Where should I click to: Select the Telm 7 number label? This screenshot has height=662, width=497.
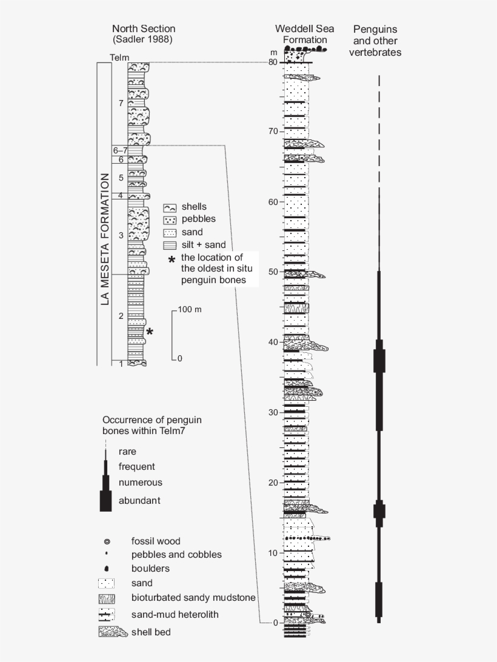[121, 103]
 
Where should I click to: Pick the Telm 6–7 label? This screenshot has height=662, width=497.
[120, 150]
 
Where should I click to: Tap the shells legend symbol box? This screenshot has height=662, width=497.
[169, 207]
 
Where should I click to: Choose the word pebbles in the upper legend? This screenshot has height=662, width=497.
[195, 219]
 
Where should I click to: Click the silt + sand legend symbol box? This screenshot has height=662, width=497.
[169, 245]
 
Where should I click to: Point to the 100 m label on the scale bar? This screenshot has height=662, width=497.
[190, 309]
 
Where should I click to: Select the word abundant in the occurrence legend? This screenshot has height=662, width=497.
[139, 500]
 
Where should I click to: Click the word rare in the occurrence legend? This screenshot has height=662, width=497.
[127, 451]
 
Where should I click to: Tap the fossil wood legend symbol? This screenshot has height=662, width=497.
[107, 541]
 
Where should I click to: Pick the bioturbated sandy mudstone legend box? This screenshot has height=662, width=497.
[107, 598]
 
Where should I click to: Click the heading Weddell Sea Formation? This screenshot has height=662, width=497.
[301, 35]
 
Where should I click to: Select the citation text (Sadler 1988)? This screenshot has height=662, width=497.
[143, 39]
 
